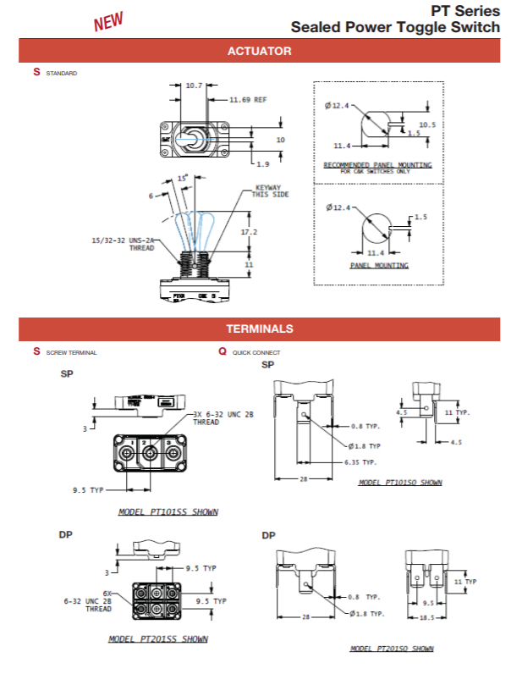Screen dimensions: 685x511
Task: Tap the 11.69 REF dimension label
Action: [249, 99]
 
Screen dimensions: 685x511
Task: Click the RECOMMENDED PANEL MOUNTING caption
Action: [378, 164]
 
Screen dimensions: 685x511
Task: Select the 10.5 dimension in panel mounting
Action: [427, 124]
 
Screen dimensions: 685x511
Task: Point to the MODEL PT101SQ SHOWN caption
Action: [400, 483]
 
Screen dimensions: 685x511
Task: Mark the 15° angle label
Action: [182, 179]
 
